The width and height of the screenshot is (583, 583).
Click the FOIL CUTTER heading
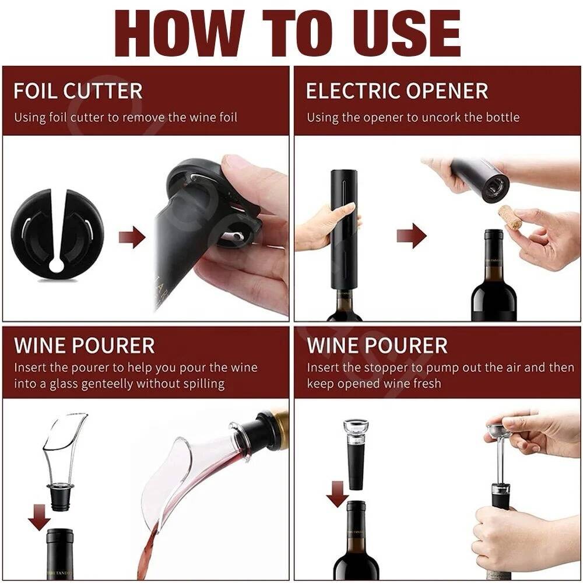pyautogui.click(x=78, y=91)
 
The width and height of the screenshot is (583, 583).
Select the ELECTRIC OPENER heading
pyautogui.click(x=396, y=91)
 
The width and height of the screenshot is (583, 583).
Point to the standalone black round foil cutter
pyautogui.click(x=58, y=234)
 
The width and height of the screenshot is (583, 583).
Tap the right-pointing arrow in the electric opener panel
pyautogui.click(x=412, y=236)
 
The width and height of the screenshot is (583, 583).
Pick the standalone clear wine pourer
pyautogui.click(x=63, y=461)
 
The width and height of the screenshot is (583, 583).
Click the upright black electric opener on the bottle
pyautogui.click(x=345, y=230)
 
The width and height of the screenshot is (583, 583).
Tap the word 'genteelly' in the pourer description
pyautogui.click(x=108, y=384)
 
